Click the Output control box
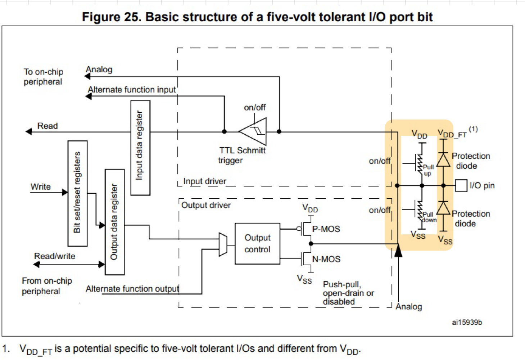coord(257,243)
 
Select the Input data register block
coord(140,148)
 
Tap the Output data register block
coord(115,222)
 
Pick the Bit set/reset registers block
coord(78,193)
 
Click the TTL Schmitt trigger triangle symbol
coord(253,131)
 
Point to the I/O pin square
coord(461,185)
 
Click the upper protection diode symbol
coord(443,160)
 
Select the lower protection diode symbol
coord(443,208)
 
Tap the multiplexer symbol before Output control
coord(223,244)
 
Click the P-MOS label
coord(326,229)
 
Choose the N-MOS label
coord(326,259)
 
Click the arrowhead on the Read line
coord(28,131)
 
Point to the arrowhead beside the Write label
coord(65,192)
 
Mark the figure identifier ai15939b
coord(467,322)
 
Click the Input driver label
coord(205,181)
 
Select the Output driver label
coord(206,205)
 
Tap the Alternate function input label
coord(132,90)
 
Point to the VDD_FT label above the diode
coord(452,134)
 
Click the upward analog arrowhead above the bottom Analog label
coord(398,251)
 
